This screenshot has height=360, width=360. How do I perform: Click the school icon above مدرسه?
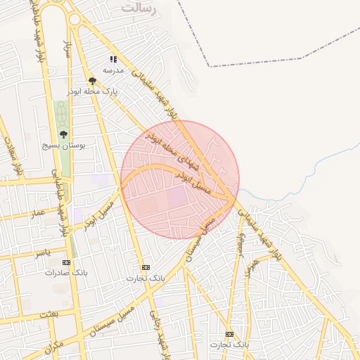click(113, 60)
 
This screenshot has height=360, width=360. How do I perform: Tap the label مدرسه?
click(113, 70)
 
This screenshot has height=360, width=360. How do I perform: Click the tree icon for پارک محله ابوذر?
click(92, 81)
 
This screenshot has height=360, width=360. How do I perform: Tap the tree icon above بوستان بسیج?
click(63, 134)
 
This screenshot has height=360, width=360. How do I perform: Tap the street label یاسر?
click(43, 252)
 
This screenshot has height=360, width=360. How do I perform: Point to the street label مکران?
click(53, 347)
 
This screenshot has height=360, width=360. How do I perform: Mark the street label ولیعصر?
click(241, 245)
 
